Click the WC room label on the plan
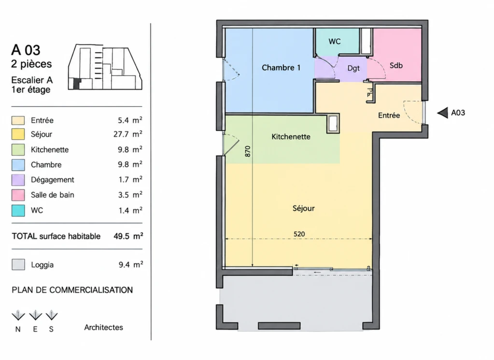click(x=334, y=41)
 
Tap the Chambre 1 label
click(x=281, y=68)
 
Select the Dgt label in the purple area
click(x=353, y=68)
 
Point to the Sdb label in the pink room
click(x=396, y=65)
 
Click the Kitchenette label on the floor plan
click(x=291, y=136)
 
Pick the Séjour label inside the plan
click(x=303, y=208)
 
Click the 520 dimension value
click(x=299, y=234)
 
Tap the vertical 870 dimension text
click(x=248, y=151)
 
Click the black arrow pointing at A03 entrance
click(x=443, y=113)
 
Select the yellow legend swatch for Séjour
click(x=18, y=134)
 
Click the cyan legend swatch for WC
click(x=18, y=211)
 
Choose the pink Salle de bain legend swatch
click(x=18, y=195)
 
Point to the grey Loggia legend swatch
click(x=18, y=264)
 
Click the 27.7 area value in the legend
click(x=121, y=134)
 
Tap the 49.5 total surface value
click(x=122, y=236)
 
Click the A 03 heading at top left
click(x=26, y=50)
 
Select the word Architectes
click(x=104, y=327)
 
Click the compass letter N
click(x=18, y=330)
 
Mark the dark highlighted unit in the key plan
click(x=77, y=84)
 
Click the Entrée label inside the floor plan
click(x=389, y=115)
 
